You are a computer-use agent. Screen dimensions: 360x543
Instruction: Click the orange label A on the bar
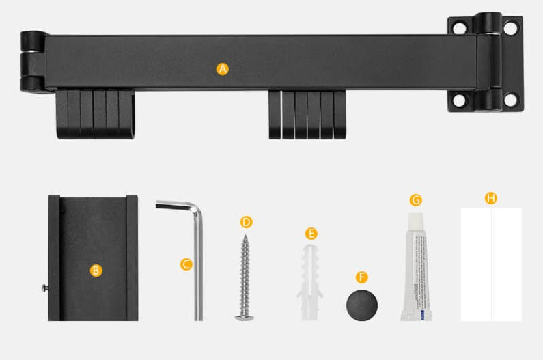pos(223,68)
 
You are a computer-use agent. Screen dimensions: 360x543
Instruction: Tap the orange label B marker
pos(96,270)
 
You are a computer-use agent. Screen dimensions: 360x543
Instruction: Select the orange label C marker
pos(186,264)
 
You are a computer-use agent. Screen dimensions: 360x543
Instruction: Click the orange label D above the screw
pos(247,222)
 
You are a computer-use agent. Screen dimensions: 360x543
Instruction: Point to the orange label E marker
pos(311,234)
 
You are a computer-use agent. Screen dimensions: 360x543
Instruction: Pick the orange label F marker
pos(362,277)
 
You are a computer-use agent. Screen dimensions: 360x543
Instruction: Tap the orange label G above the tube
pos(415,200)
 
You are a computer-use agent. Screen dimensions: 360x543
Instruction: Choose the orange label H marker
pos(490,198)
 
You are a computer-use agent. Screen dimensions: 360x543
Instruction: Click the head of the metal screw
pos(242,315)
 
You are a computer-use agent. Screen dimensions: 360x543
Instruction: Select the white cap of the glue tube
pos(417,219)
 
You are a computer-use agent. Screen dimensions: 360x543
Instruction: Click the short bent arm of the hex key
pos(175,204)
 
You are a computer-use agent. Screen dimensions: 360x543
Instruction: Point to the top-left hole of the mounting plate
pos(459,28)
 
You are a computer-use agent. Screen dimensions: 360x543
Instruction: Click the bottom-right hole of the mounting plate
pos(510,100)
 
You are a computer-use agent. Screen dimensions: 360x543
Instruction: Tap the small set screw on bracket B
pos(44,288)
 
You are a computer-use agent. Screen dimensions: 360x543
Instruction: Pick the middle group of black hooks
pos(307,114)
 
